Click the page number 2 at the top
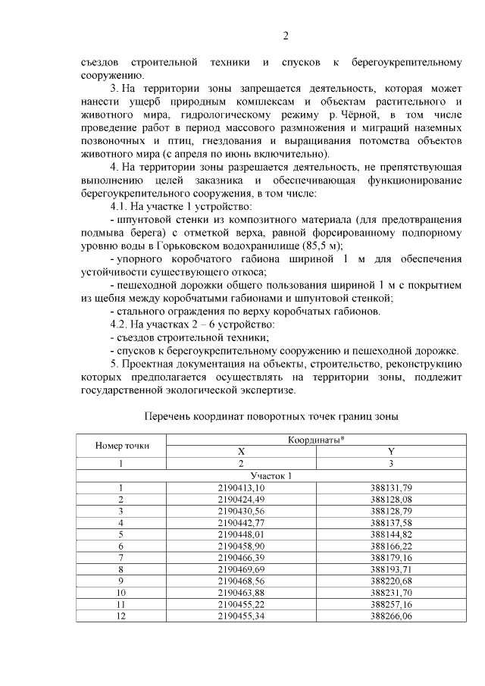286,36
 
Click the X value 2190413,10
241,487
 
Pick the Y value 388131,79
391,487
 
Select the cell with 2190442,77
241,522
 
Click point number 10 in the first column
121,593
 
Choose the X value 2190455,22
241,605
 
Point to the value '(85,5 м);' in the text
321,246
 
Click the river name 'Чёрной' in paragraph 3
361,114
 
